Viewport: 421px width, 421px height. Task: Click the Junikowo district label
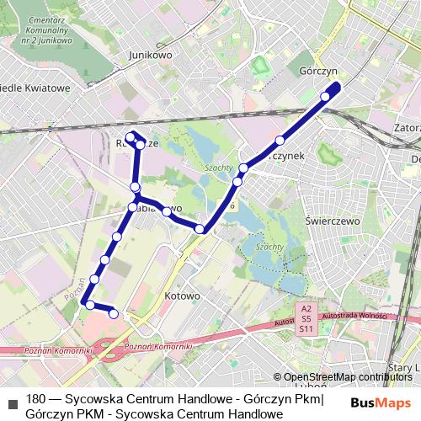(152, 55)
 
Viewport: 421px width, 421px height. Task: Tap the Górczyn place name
(318, 72)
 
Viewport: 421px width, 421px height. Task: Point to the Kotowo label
(183, 296)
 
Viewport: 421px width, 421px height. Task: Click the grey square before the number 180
(12, 398)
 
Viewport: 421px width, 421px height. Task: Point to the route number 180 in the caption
(36, 398)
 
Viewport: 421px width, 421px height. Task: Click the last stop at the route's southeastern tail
(114, 315)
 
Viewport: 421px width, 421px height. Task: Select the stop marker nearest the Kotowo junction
(200, 229)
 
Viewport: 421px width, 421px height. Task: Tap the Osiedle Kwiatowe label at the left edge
(34, 88)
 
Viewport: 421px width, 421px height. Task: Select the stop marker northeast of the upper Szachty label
(244, 167)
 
